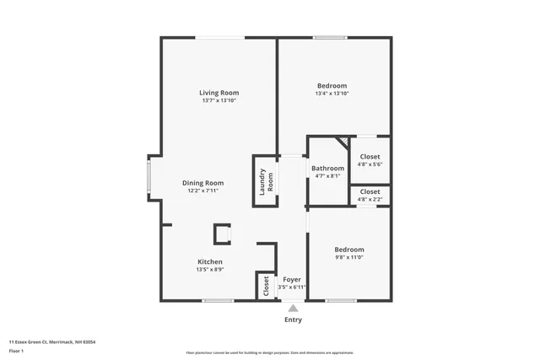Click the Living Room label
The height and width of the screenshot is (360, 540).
[219, 93]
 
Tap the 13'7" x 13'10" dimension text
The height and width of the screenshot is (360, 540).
[219, 101]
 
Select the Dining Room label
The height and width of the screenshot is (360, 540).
[202, 183]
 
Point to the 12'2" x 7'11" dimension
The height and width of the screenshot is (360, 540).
[202, 191]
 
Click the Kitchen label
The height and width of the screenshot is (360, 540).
[209, 261]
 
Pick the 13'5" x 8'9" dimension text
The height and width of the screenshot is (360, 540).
[209, 270]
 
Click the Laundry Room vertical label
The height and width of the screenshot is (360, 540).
[266, 181]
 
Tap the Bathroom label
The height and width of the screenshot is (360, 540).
[327, 168]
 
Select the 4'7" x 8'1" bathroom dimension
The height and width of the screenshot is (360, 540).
[327, 176]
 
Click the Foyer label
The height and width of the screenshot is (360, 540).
[292, 279]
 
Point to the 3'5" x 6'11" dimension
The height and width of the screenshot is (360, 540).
[292, 287]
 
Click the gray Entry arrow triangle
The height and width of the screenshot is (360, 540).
[293, 309]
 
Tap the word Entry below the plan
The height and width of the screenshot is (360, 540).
[293, 320]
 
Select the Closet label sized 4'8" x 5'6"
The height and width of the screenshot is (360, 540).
[370, 157]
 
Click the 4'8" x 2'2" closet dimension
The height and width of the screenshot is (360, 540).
[370, 201]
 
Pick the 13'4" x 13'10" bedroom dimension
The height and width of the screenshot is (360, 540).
[332, 94]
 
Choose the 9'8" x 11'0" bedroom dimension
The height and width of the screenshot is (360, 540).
[348, 258]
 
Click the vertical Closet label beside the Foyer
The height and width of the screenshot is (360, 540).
[266, 286]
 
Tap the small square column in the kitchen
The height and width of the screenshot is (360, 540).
[222, 234]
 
